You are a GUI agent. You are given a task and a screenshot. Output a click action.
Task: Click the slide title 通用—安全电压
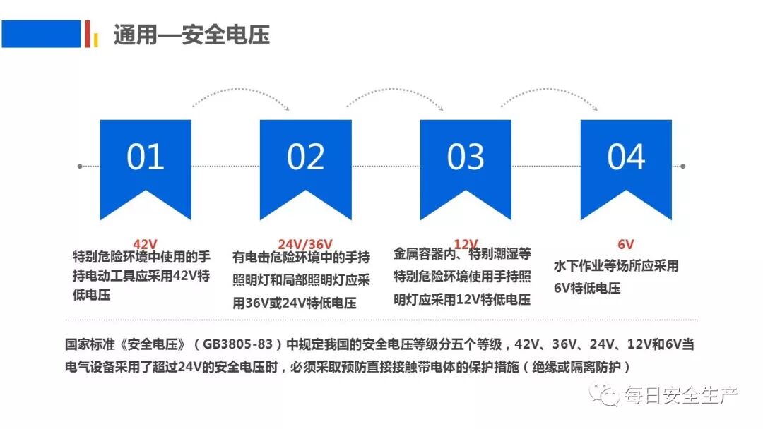tap(191, 35)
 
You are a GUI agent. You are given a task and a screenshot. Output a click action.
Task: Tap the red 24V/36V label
tap(305, 244)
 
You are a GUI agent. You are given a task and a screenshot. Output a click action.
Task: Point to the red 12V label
tap(466, 244)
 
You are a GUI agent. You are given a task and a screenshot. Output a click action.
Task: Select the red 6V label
tap(626, 244)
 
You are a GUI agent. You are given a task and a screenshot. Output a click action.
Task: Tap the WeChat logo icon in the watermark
tap(605, 394)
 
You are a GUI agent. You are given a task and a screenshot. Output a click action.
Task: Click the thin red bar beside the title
tap(87, 34)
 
